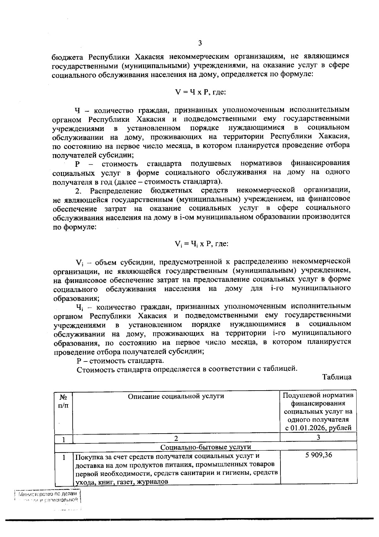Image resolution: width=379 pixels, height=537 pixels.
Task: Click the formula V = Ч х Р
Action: click(200, 92)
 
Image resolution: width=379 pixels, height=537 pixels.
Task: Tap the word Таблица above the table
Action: click(337, 377)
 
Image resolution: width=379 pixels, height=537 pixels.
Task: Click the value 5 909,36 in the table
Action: click(318, 455)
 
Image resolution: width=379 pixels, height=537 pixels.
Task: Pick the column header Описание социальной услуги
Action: click(176, 396)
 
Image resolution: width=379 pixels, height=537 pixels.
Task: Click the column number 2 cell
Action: click(176, 438)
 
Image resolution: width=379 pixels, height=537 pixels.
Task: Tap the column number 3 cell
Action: click(318, 437)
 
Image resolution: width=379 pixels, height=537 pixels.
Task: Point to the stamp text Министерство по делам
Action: click(47, 494)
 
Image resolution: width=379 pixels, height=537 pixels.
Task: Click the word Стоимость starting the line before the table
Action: click(94, 369)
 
